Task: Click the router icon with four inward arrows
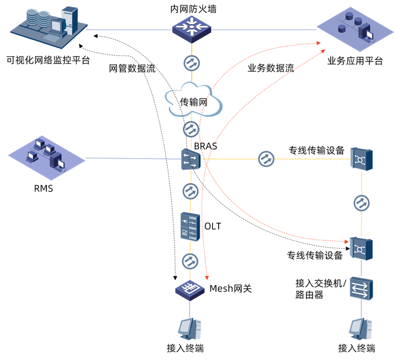(191, 28)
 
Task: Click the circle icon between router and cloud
(191, 62)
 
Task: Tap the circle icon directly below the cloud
(191, 129)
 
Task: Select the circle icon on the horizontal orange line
(266, 159)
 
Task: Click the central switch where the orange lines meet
(191, 160)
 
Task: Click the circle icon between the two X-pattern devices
(361, 202)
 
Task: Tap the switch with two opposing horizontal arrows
(361, 289)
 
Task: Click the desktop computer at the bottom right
(360, 328)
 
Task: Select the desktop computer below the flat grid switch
(189, 328)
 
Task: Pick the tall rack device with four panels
(190, 226)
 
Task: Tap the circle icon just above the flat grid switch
(190, 261)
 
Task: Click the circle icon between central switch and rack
(191, 191)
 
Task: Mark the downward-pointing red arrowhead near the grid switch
(207, 278)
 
